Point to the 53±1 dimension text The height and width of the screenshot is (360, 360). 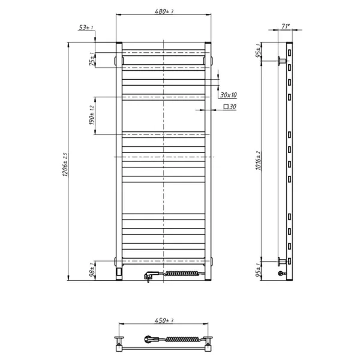point(86,28)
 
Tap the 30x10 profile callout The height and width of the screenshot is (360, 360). point(229,95)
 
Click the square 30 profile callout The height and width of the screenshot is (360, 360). point(230,107)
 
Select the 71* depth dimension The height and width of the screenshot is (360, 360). point(286,26)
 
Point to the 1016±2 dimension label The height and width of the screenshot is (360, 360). point(257,160)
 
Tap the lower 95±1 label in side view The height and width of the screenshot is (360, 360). point(258,271)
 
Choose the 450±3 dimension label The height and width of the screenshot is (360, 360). point(164,321)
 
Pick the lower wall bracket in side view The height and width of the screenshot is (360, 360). point(282,261)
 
